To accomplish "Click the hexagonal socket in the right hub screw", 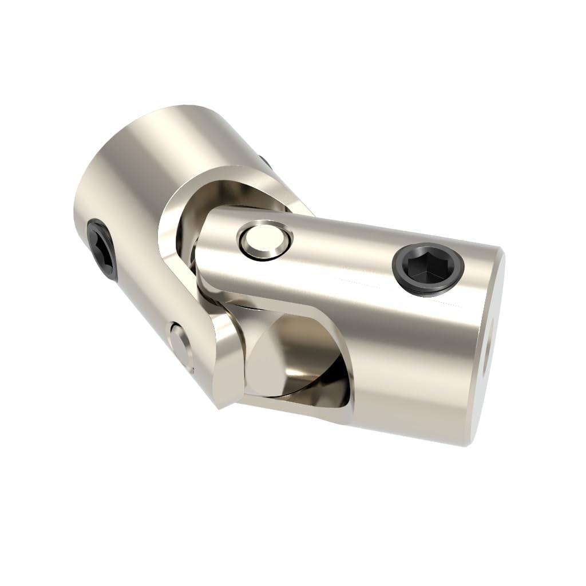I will [427, 266].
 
